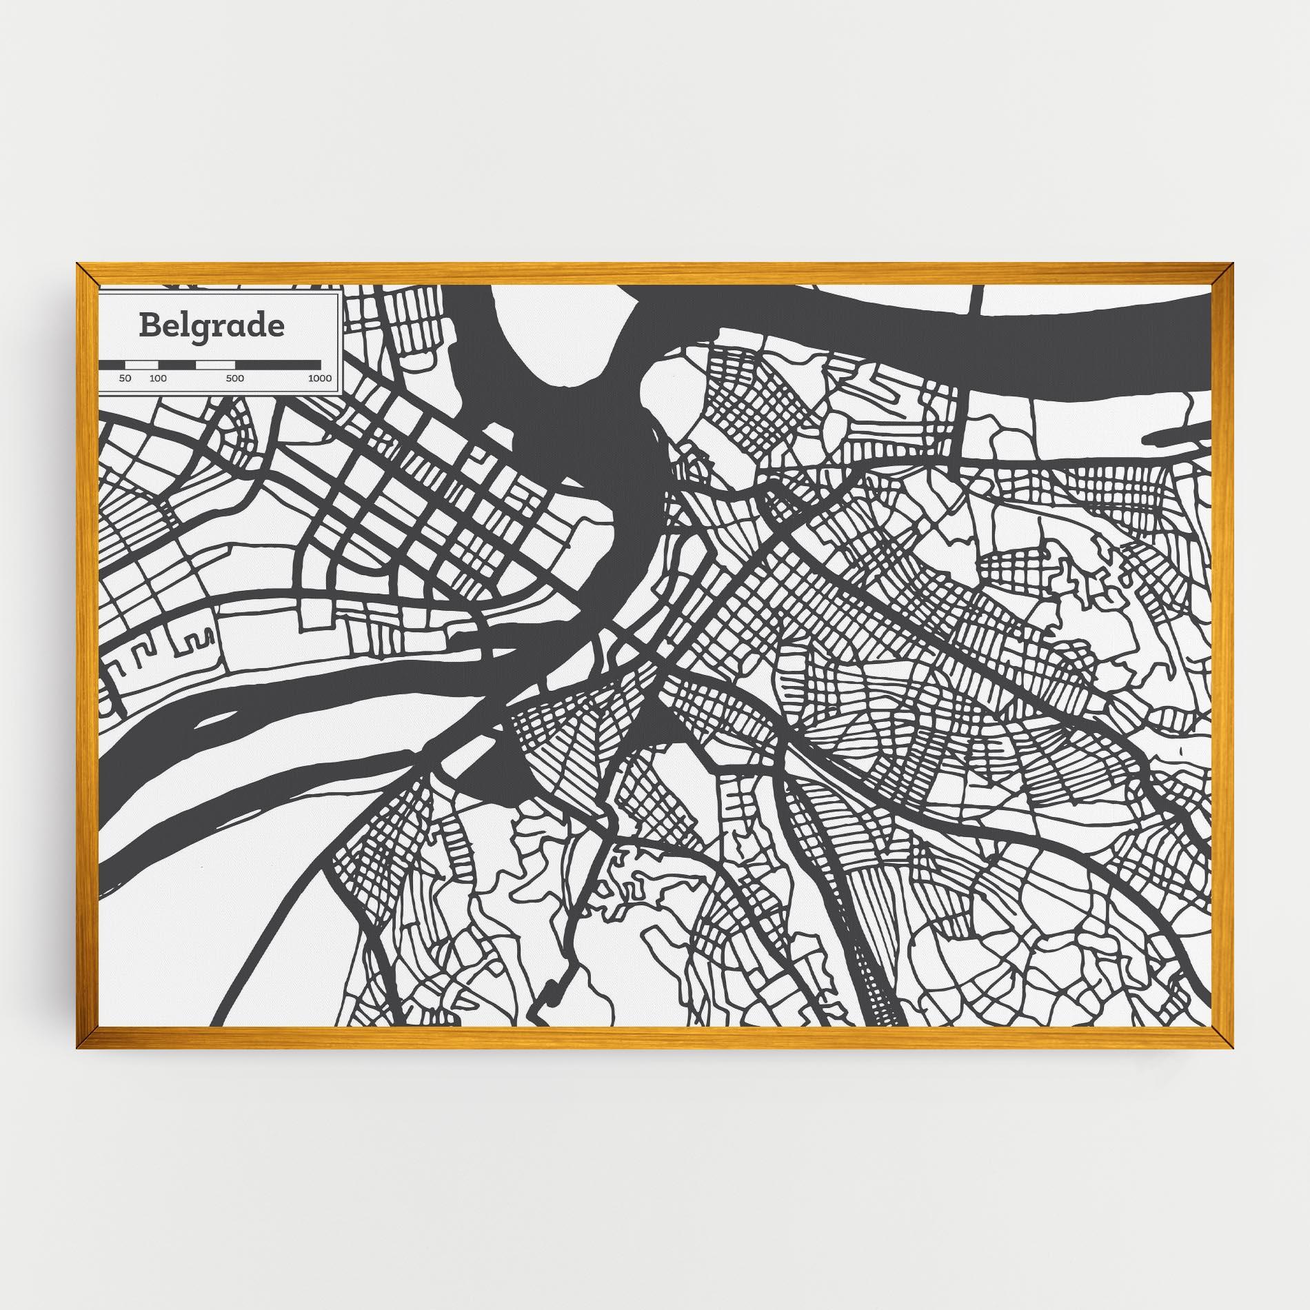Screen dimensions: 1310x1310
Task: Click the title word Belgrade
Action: [211, 326]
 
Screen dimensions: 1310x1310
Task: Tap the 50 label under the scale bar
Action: [125, 379]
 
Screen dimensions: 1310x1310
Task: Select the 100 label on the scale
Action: [158, 379]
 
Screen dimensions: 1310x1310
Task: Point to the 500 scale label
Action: [234, 379]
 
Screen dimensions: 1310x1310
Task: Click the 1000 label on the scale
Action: [320, 379]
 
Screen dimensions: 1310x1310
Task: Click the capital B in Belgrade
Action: [148, 325]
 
